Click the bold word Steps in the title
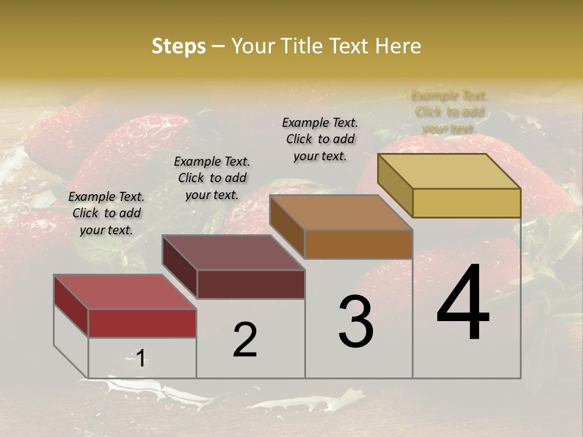(x=179, y=46)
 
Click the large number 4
(x=463, y=303)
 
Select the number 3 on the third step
(x=356, y=322)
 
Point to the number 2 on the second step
(x=245, y=340)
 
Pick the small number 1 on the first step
(x=140, y=358)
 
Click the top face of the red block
(x=124, y=292)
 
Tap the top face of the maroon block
(x=233, y=252)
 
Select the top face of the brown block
(x=341, y=212)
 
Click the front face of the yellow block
(x=466, y=203)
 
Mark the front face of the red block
(x=142, y=323)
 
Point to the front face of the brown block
(x=358, y=244)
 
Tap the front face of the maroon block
(x=251, y=284)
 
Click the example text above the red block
(x=106, y=213)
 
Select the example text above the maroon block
(x=212, y=178)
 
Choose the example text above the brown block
(x=320, y=139)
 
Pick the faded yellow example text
(x=449, y=112)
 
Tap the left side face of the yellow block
(x=395, y=185)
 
